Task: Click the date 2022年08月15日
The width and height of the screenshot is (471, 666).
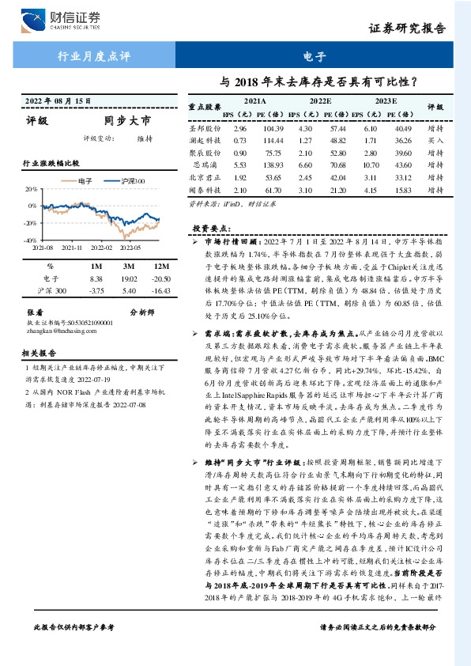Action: [57, 101]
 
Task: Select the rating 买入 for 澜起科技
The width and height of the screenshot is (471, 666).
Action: [436, 140]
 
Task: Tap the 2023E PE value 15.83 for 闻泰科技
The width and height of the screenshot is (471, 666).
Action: [403, 191]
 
